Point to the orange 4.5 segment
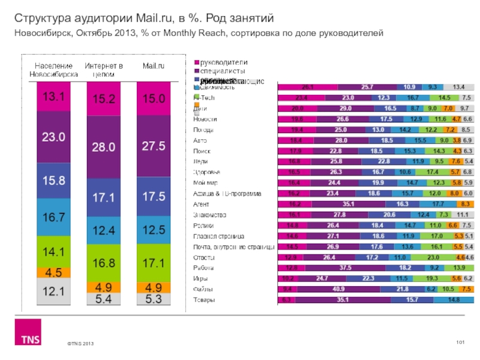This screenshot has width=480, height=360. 53,271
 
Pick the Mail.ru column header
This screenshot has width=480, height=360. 154,65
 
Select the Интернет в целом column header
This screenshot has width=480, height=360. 104,69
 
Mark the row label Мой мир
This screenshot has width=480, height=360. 205,182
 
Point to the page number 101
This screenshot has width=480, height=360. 461,342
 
